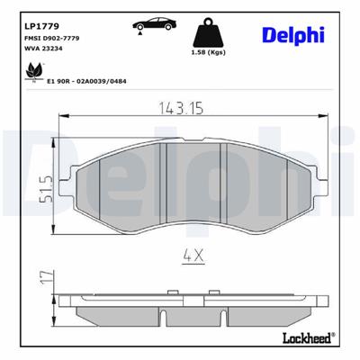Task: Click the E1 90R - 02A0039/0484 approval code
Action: [86, 80]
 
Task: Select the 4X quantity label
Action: [194, 255]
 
